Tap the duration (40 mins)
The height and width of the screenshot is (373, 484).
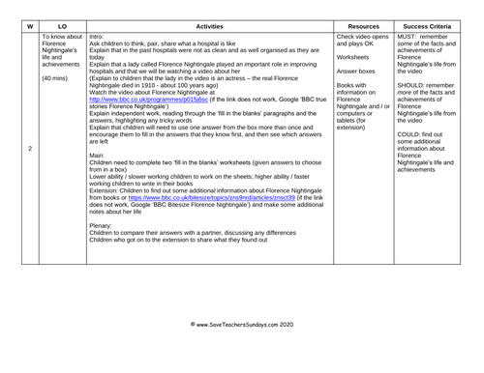pyautogui.click(x=57, y=77)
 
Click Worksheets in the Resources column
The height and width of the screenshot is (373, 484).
pyautogui.click(x=355, y=56)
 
